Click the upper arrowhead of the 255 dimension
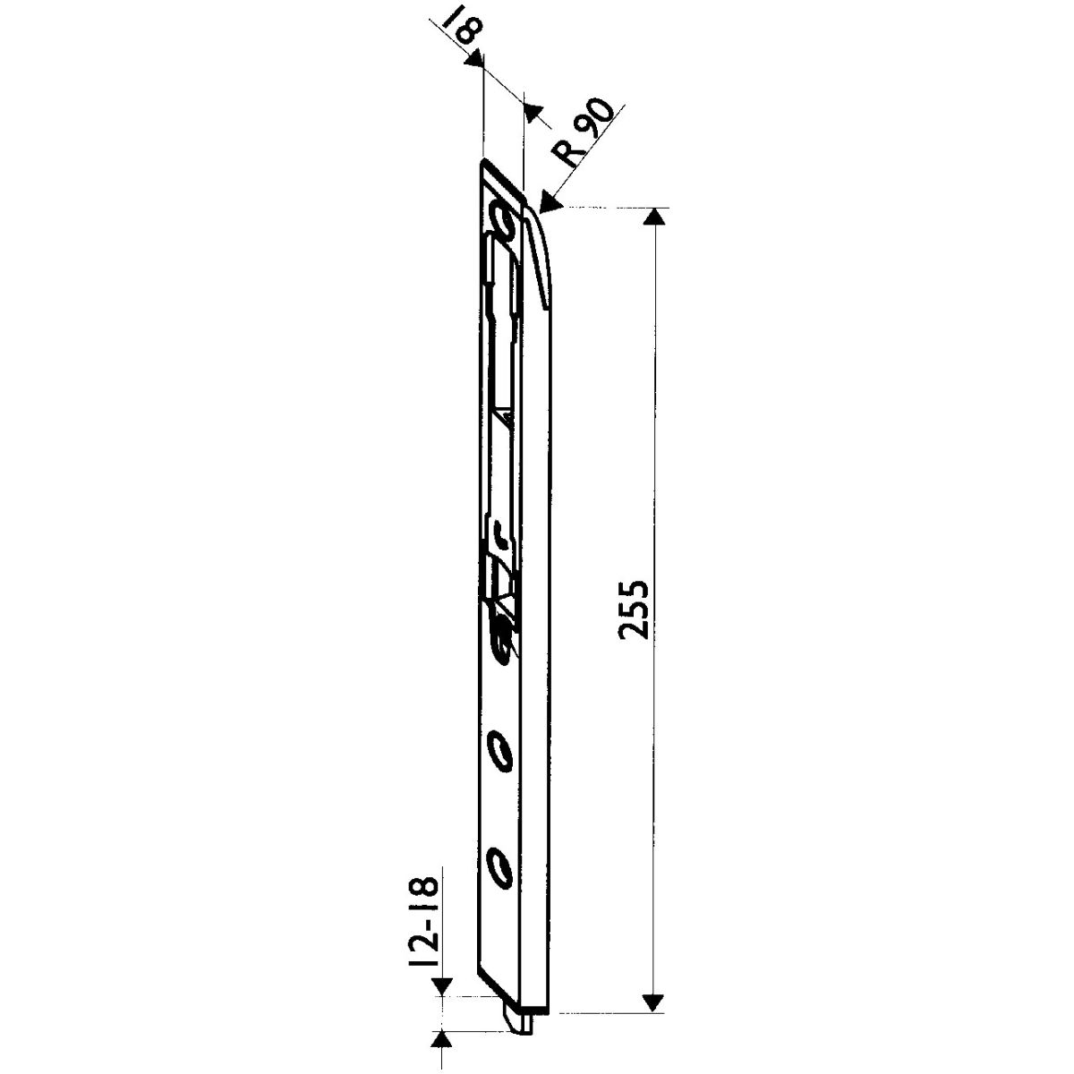point(653,217)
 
